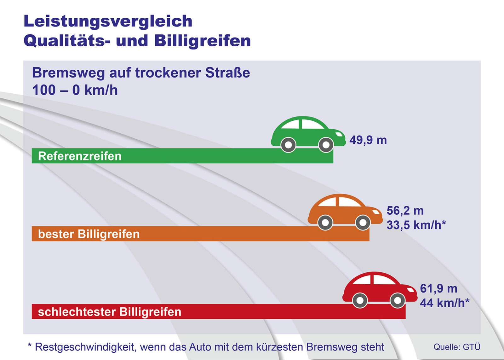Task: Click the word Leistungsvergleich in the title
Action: (108, 21)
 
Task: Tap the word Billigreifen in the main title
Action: (203, 41)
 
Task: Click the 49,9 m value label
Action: (368, 140)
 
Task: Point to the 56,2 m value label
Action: (405, 210)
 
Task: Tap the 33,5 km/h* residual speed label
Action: (416, 225)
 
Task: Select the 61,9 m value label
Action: (438, 288)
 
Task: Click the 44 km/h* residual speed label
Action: (444, 303)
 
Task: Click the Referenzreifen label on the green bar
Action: (80, 156)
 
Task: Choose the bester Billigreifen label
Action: (89, 234)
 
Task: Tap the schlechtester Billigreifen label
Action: (109, 312)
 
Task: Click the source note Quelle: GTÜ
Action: (457, 347)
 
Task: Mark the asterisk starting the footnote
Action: (30, 345)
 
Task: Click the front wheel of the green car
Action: (326, 145)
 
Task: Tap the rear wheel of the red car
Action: (360, 300)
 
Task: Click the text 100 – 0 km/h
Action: (75, 90)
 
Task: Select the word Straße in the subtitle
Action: (227, 73)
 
